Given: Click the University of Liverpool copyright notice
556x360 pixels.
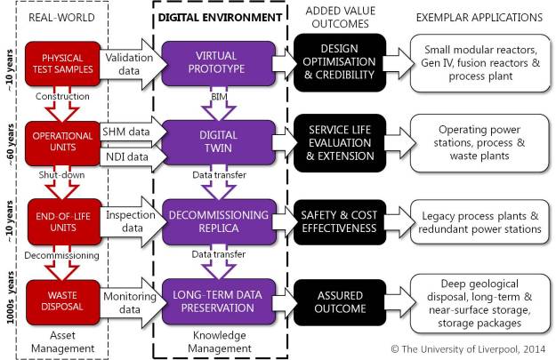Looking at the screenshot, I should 467,349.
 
